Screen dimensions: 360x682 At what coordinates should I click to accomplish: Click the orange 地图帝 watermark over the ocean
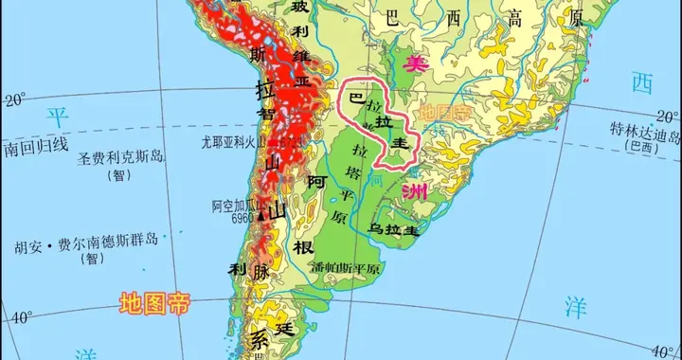[153, 304]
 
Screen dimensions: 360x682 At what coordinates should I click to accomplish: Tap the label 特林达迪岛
[644, 133]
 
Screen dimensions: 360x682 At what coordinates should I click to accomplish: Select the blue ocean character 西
[643, 83]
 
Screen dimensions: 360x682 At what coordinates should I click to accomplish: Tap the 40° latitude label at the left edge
[20, 317]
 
